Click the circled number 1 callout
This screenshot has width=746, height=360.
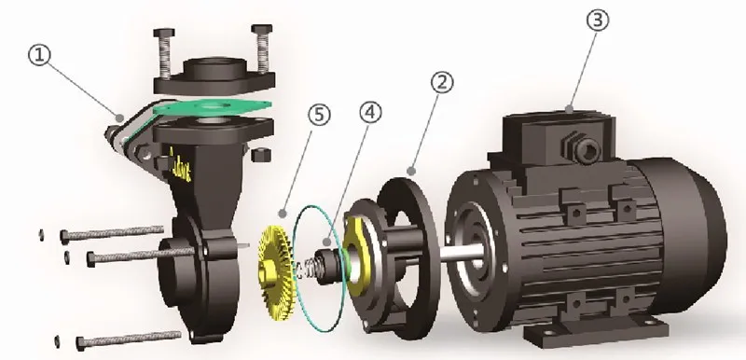click(x=39, y=55)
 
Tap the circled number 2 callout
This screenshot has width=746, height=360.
click(x=442, y=83)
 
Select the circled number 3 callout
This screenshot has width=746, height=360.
click(x=598, y=20)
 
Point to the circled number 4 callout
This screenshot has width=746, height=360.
click(x=370, y=113)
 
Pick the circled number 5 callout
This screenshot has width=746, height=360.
click(x=319, y=115)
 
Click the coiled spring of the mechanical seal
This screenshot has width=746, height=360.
click(x=309, y=270)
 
